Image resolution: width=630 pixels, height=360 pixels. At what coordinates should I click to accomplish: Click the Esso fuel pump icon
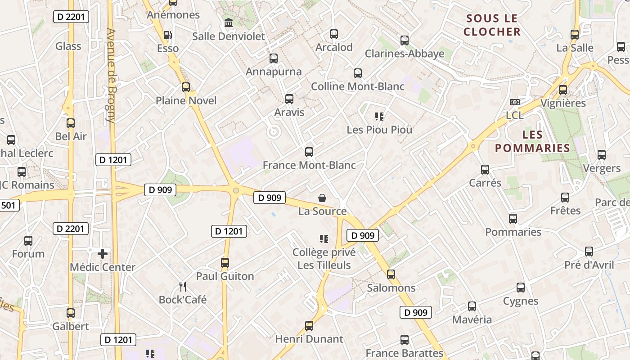pyautogui.click(x=167, y=35)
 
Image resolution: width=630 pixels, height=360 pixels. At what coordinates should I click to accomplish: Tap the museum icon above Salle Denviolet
pyautogui.click(x=228, y=22)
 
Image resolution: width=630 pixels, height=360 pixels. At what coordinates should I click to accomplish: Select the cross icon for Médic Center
pyautogui.click(x=103, y=254)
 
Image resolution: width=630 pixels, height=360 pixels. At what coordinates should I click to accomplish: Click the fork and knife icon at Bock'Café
pyautogui.click(x=183, y=287)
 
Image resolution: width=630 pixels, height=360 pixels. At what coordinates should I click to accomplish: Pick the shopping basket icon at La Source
pyautogui.click(x=322, y=198)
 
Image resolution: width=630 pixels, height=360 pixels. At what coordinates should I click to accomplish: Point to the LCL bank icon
pyautogui.click(x=515, y=102)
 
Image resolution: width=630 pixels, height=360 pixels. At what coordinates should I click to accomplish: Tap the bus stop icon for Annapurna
pyautogui.click(x=274, y=58)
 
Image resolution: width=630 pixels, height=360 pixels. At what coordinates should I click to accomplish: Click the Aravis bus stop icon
pyautogui.click(x=289, y=99)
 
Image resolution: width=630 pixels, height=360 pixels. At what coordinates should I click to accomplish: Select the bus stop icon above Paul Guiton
pyautogui.click(x=225, y=263)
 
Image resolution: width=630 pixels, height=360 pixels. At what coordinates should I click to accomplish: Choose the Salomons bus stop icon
pyautogui.click(x=391, y=274)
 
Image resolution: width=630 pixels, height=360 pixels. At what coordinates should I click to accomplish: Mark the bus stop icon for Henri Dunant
pyautogui.click(x=309, y=325)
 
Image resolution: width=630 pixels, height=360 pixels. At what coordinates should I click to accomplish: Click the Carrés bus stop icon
pyautogui.click(x=485, y=170)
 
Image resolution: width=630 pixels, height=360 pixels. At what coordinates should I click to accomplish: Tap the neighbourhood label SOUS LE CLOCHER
pyautogui.click(x=492, y=25)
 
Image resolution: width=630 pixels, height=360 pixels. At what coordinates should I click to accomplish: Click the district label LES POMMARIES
pyautogui.click(x=532, y=141)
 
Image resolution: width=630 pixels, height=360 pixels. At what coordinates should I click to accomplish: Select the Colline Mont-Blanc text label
pyautogui.click(x=358, y=86)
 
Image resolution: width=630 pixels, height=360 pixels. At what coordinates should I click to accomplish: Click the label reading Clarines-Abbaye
pyautogui.click(x=405, y=54)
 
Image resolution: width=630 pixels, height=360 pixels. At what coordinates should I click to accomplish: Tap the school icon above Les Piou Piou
pyautogui.click(x=379, y=117)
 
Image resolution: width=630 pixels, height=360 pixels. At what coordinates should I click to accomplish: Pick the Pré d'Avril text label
pyautogui.click(x=589, y=265)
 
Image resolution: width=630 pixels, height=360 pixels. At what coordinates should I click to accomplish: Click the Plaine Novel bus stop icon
pyautogui.click(x=185, y=87)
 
